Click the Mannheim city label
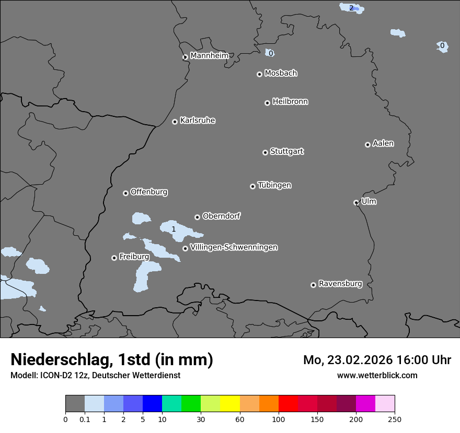point(209,56)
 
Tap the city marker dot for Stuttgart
point(265,152)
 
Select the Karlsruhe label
point(198,121)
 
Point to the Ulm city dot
point(356,202)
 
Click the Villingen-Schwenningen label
point(234,247)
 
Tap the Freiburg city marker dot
point(114,258)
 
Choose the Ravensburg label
point(340,284)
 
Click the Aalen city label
point(383,143)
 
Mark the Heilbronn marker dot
point(267,103)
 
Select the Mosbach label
point(281,74)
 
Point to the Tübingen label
point(274,185)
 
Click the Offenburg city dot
point(125,193)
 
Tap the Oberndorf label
point(221,216)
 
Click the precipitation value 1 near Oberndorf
point(174,229)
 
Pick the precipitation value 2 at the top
point(351,8)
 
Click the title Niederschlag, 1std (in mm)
point(112,359)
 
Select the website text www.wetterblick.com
point(377,375)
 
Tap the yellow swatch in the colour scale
point(230,404)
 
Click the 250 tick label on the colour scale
point(395,419)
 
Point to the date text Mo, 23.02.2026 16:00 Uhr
point(377,360)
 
